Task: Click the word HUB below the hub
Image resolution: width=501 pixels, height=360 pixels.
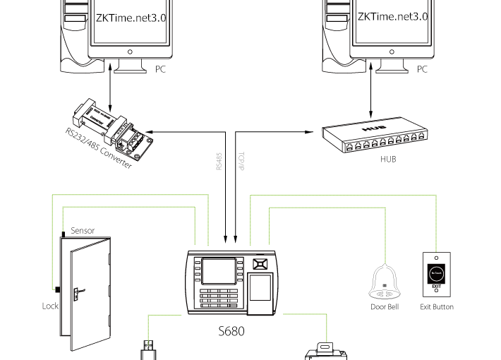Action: click(x=388, y=160)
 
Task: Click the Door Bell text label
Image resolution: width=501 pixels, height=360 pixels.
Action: click(x=385, y=307)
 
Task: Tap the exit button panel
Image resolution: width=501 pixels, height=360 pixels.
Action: click(x=437, y=274)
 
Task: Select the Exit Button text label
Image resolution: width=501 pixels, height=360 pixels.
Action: click(x=437, y=307)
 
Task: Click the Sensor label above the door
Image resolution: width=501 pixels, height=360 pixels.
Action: click(x=82, y=231)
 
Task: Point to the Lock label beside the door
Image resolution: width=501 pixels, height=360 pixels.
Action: click(x=50, y=306)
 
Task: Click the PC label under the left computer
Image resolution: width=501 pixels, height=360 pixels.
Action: click(x=162, y=69)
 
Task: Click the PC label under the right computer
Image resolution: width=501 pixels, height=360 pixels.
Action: click(x=422, y=69)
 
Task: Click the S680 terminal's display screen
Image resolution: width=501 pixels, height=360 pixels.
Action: click(x=215, y=270)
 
